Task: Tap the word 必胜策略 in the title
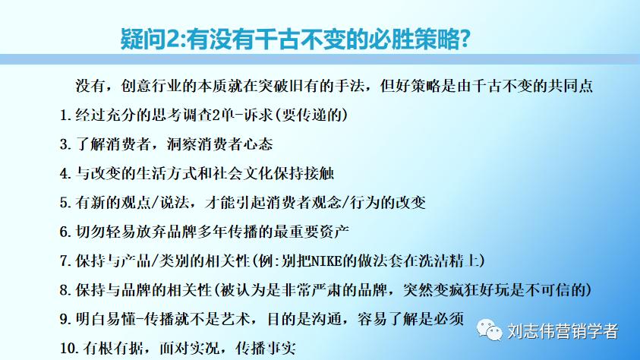pos(413,39)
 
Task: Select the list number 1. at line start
pos(65,115)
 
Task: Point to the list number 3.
pos(65,144)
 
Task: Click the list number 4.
pos(65,173)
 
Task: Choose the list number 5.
pos(65,202)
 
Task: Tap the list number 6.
pos(65,231)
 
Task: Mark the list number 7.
pos(65,261)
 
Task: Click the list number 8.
pos(65,289)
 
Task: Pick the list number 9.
pos(65,318)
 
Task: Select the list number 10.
pos(68,348)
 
